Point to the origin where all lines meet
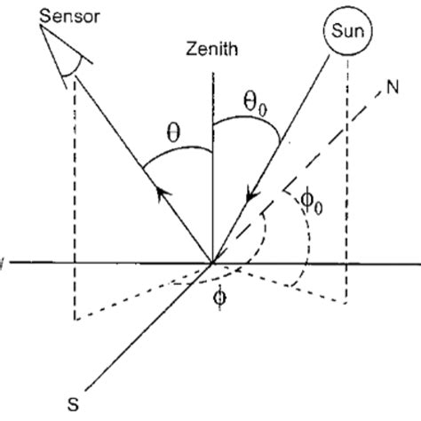tap(212, 262)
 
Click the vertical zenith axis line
tap(212, 178)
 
